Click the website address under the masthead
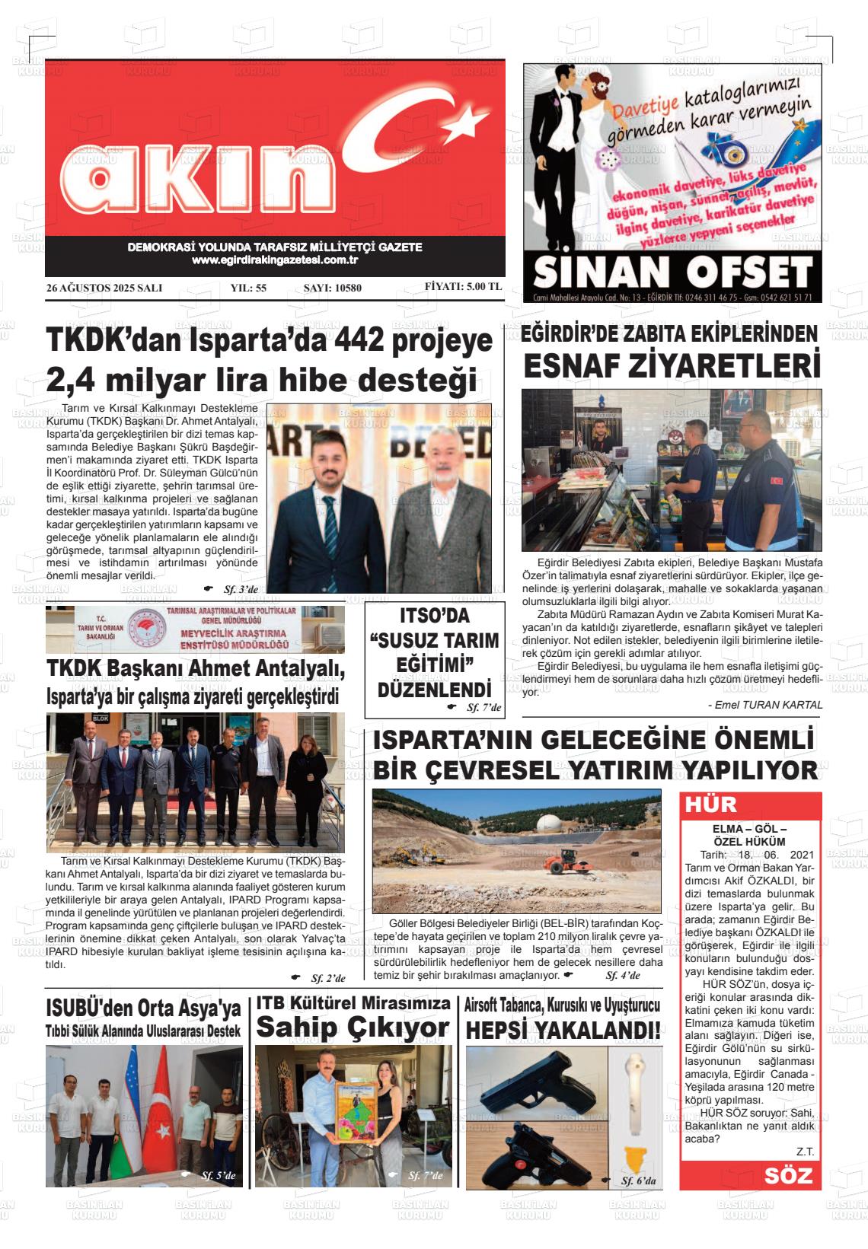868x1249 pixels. click(x=275, y=260)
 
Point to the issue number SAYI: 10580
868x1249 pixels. click(x=332, y=288)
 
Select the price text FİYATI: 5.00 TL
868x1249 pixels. click(x=463, y=287)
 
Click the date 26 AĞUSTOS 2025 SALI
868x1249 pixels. click(x=104, y=288)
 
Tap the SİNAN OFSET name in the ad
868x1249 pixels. click(x=672, y=272)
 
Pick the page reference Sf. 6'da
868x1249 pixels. click(x=637, y=1180)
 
